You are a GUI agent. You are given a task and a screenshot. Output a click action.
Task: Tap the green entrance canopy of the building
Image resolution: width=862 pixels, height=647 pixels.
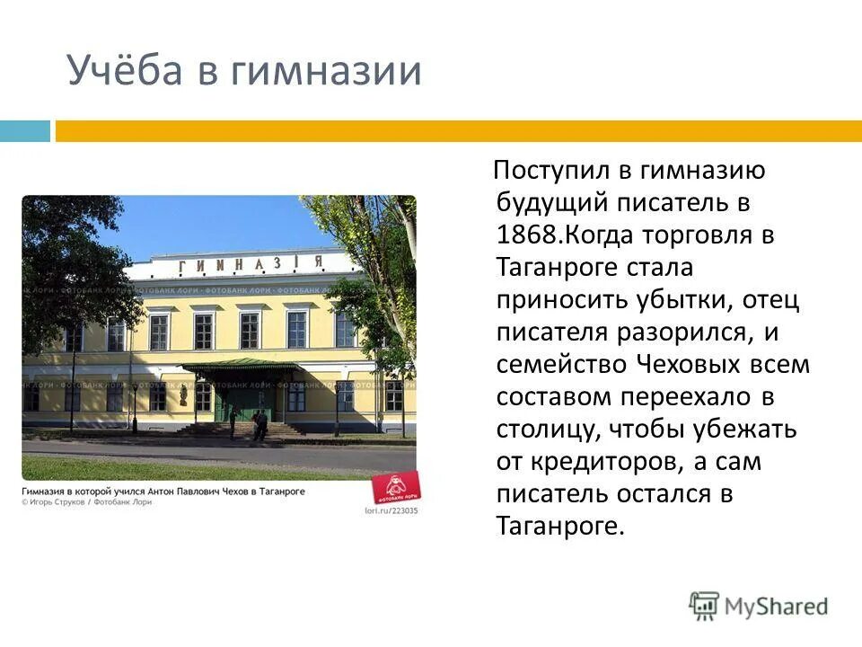point(240,365)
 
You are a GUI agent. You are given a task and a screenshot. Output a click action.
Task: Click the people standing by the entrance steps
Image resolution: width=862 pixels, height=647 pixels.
point(259,424)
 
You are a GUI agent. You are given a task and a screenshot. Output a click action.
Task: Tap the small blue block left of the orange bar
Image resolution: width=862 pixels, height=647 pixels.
point(25,131)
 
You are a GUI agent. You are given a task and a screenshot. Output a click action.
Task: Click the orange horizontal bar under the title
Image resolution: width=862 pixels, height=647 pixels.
point(458,131)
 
